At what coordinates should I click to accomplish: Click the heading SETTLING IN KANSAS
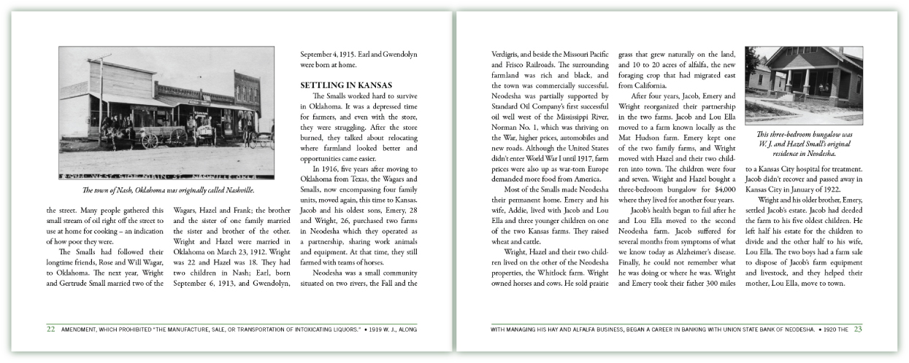pos(347,85)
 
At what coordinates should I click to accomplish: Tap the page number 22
pos(51,329)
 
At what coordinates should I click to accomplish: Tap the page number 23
pos(858,329)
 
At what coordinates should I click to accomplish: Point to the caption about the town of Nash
pos(169,191)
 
